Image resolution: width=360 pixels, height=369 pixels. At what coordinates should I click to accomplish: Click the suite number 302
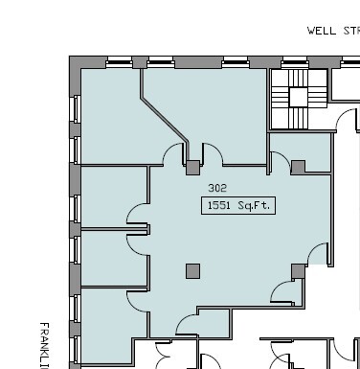coord(217,189)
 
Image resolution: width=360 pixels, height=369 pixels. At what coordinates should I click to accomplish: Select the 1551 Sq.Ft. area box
coord(238,205)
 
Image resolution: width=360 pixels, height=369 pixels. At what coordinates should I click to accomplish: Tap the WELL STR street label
coord(332,31)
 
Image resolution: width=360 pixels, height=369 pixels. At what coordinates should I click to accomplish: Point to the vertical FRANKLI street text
coord(44,345)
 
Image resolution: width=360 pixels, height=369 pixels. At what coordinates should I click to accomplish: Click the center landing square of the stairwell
coord(299,97)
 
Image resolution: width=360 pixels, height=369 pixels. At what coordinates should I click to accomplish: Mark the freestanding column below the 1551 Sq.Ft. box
coord(193,271)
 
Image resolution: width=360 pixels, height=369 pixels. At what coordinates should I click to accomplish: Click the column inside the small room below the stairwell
coord(298,167)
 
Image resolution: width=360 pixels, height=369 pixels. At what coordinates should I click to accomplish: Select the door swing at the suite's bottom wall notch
coord(184,322)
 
